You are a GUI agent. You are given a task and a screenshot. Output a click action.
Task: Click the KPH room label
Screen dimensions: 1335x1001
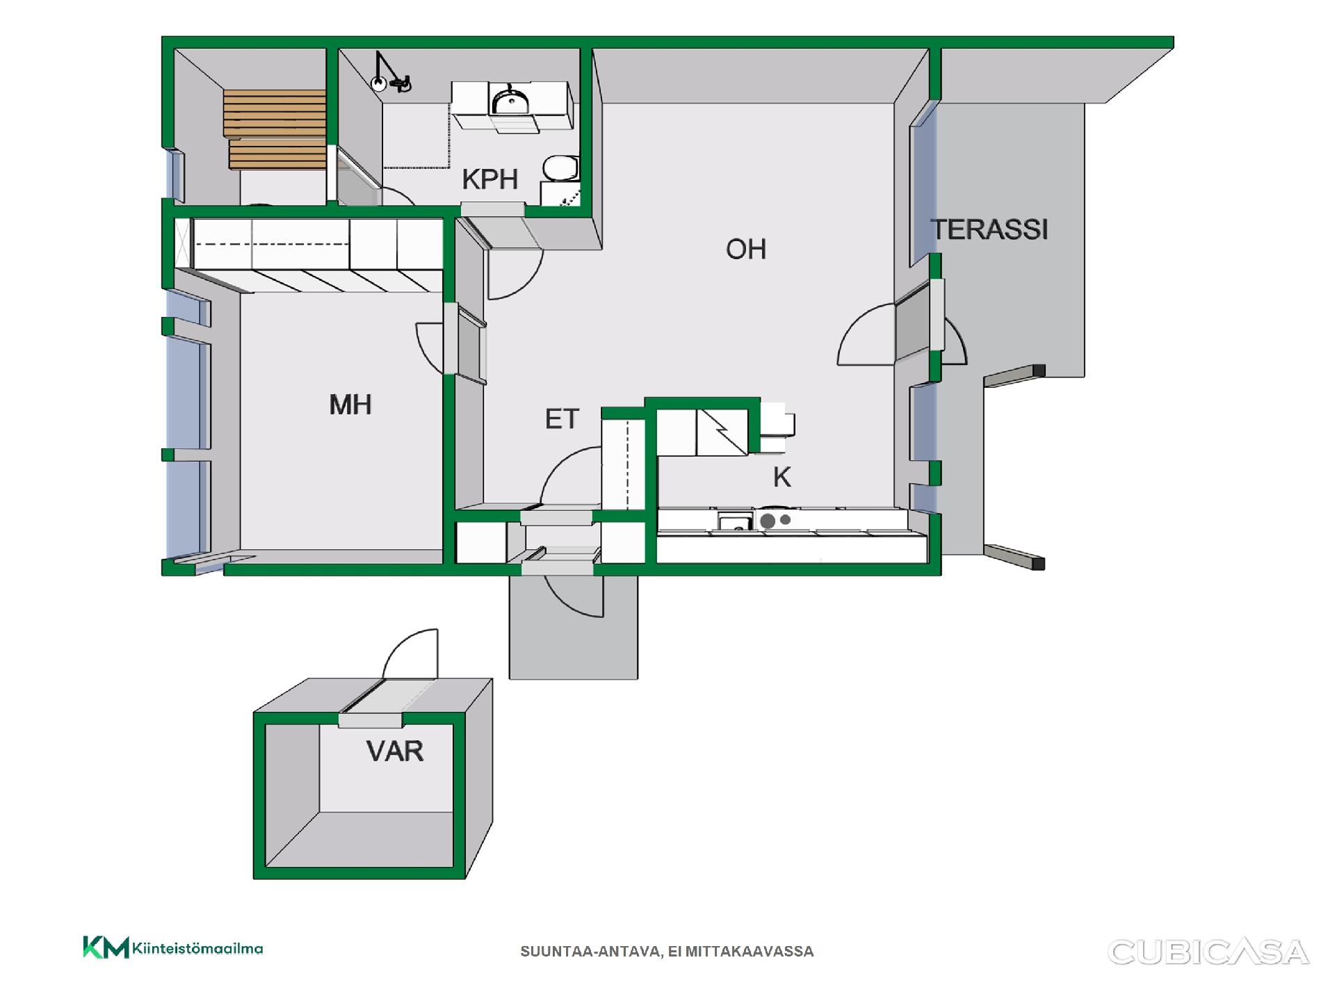tap(490, 179)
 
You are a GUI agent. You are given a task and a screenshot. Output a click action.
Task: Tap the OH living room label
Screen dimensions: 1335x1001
tap(746, 249)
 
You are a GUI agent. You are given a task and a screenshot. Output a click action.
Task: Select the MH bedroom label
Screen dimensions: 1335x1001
tap(350, 405)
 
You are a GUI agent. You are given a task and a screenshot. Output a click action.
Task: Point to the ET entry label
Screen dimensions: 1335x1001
tap(562, 419)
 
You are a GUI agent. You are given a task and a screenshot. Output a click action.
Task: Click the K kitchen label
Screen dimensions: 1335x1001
tap(782, 478)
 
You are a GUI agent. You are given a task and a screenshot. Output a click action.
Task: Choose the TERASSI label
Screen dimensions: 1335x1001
tap(989, 229)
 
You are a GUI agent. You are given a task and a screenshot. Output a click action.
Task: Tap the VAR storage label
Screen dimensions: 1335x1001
tap(395, 751)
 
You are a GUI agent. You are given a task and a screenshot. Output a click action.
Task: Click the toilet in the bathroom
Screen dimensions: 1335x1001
tap(560, 168)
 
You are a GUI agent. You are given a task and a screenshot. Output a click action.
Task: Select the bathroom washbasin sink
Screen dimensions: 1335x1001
tap(510, 102)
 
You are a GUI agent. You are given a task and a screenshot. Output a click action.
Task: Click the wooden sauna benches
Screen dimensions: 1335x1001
tap(275, 129)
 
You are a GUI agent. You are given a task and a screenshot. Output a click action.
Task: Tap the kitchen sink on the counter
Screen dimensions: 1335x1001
tap(736, 521)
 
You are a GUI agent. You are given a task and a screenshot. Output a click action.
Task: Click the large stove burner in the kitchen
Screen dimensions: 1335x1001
tap(768, 521)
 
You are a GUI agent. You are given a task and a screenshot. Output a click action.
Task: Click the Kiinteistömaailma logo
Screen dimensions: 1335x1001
tap(173, 947)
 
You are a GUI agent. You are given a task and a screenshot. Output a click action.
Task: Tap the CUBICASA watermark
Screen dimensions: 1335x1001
tap(1208, 952)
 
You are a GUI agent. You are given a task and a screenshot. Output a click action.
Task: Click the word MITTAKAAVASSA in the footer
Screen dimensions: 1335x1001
tap(750, 952)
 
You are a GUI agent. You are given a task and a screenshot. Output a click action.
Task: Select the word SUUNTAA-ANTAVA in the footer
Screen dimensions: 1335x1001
tap(590, 952)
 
